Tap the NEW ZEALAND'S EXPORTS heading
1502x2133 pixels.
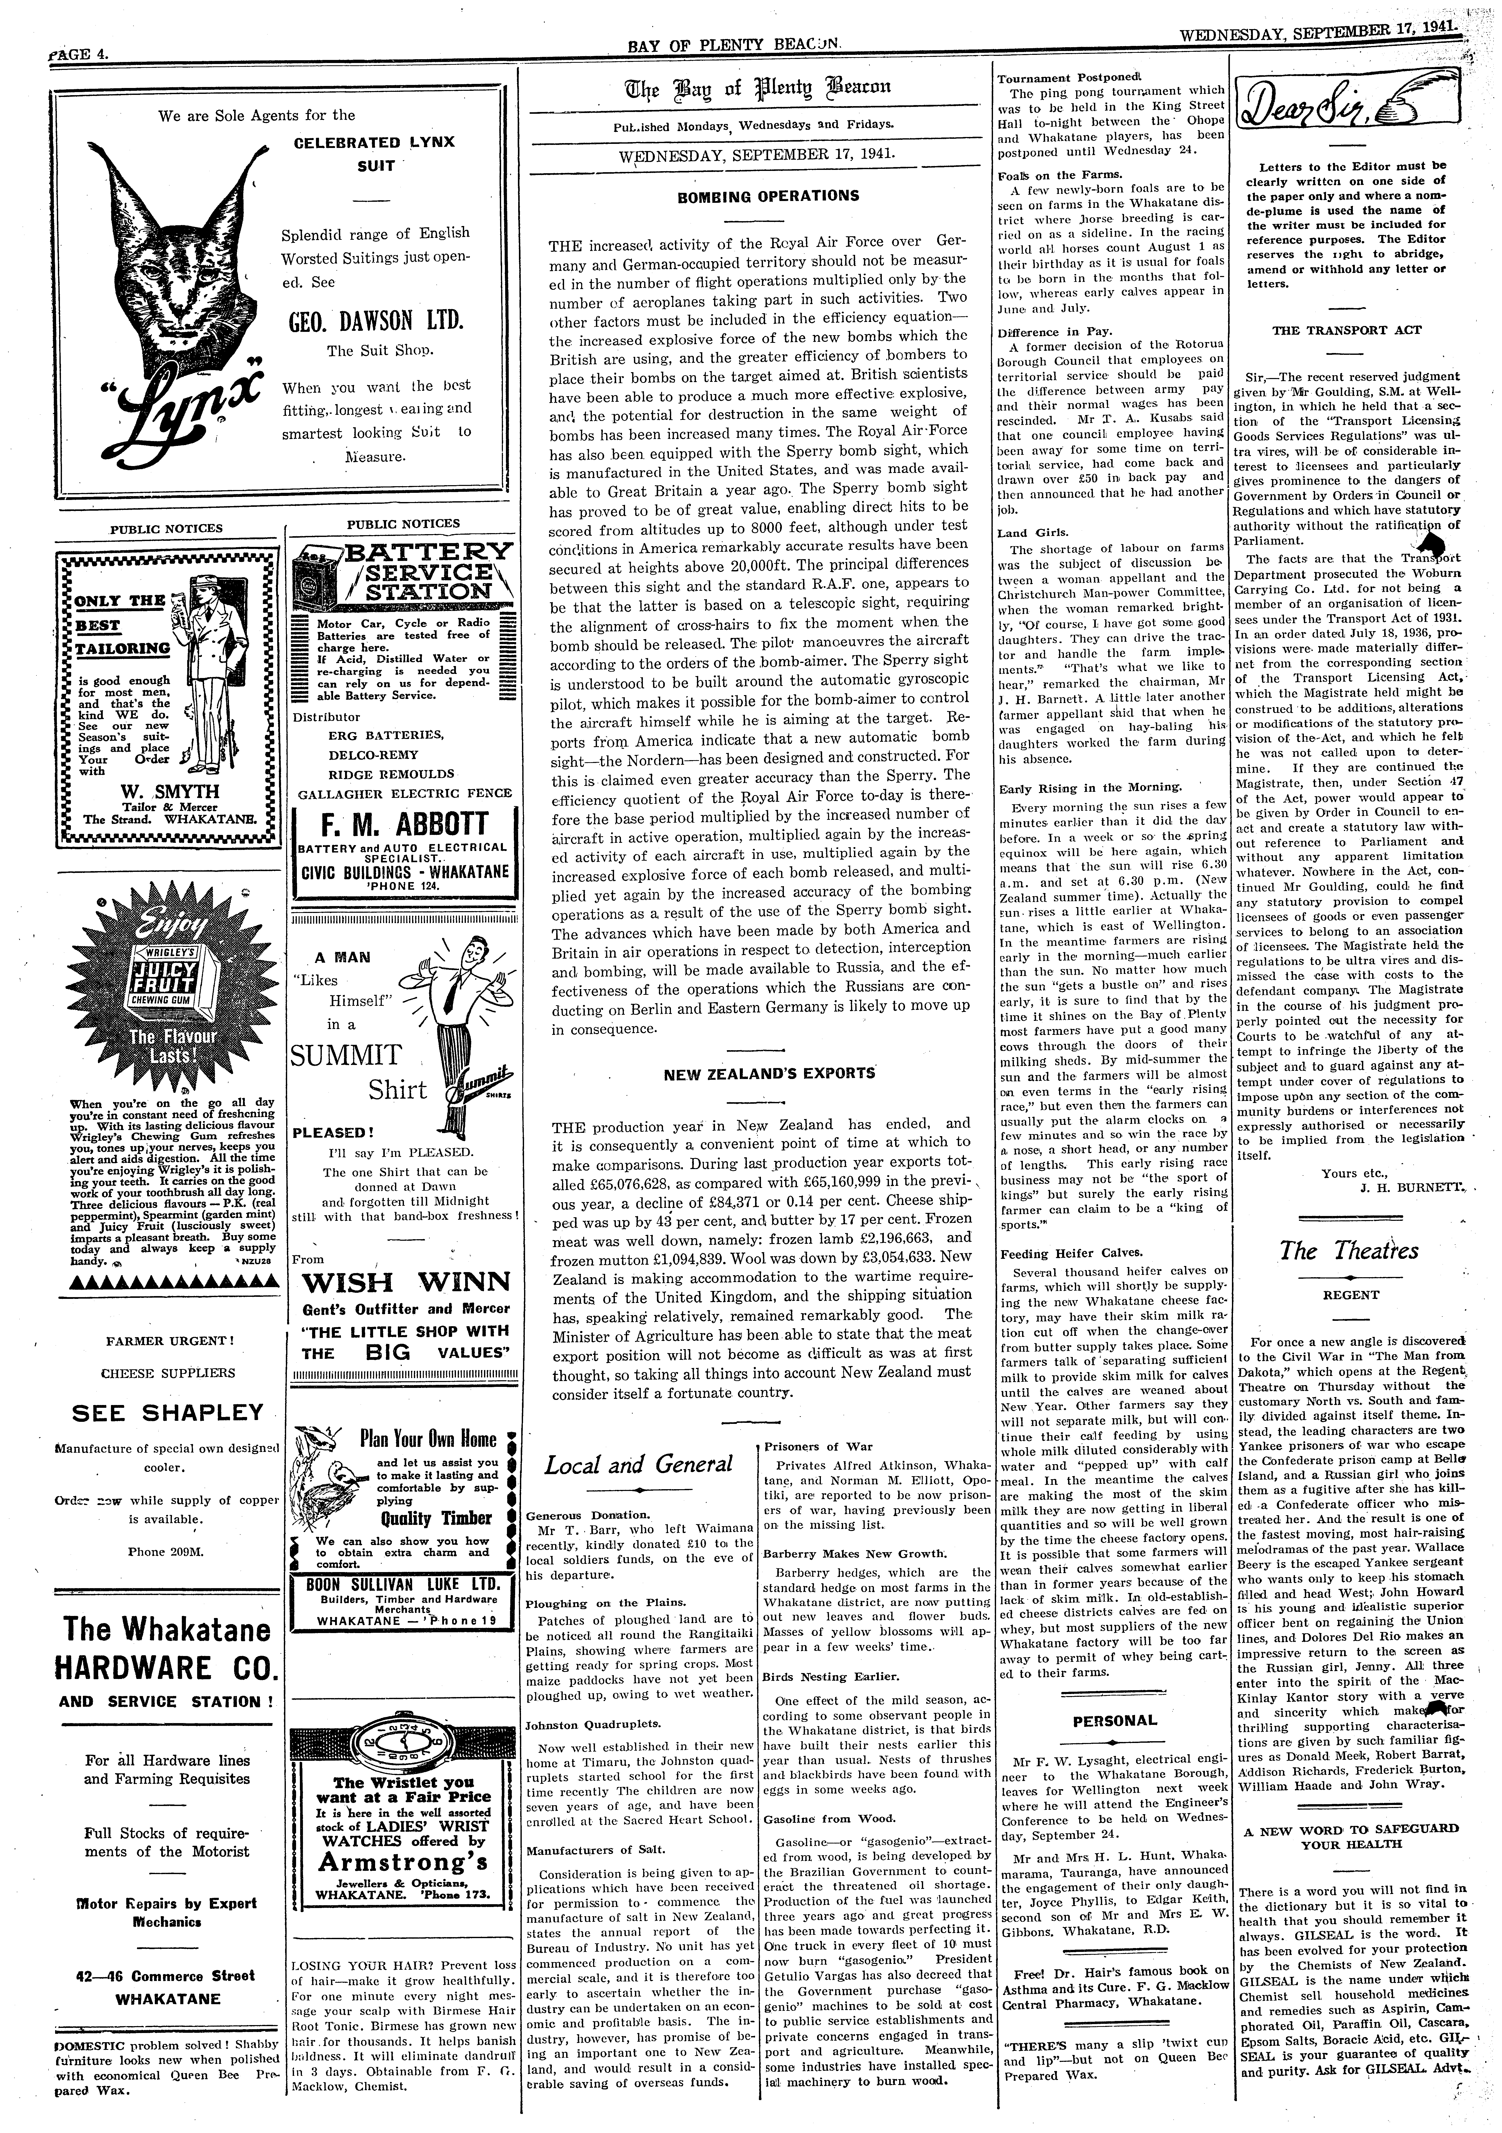point(769,1073)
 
